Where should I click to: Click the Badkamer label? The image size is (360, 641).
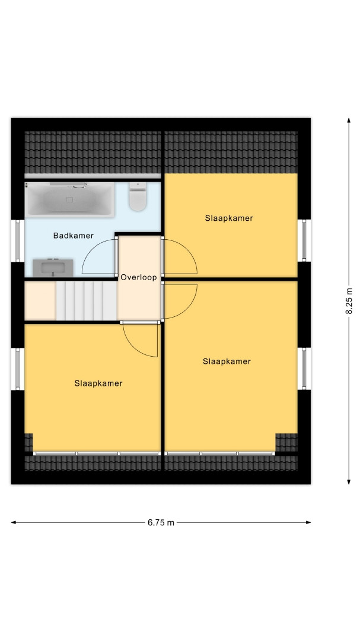click(73, 236)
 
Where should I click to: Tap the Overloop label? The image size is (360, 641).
click(139, 278)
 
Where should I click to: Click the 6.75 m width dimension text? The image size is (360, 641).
click(161, 522)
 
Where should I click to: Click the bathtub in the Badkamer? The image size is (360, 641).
click(69, 199)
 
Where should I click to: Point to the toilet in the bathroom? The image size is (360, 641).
click(138, 196)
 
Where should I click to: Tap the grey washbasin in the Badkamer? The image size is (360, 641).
click(53, 268)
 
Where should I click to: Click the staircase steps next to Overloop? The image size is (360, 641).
click(86, 301)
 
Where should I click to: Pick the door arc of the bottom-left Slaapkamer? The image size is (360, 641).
click(130, 347)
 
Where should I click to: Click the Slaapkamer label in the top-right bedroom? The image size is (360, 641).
click(229, 218)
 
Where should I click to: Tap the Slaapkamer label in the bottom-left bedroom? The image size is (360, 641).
click(98, 383)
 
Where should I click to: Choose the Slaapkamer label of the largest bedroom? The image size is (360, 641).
click(227, 361)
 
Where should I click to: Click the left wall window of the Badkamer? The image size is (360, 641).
click(18, 241)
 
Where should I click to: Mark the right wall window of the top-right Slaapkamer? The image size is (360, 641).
click(304, 240)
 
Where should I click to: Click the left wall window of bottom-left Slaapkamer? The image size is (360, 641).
click(18, 369)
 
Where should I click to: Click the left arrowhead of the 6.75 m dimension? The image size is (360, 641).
click(14, 522)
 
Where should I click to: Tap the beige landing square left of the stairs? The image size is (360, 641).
click(40, 301)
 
